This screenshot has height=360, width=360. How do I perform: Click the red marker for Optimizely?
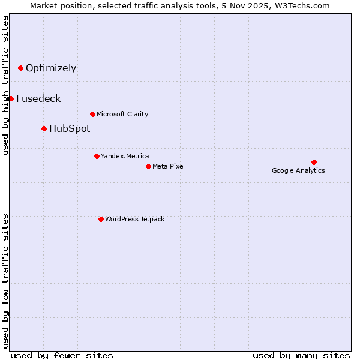point(20,68)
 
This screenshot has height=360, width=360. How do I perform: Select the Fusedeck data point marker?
point(11,98)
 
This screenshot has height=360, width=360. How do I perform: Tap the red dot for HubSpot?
point(44,128)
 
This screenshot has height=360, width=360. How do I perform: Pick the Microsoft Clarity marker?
point(92,114)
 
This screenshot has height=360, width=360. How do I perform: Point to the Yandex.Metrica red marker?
point(97,156)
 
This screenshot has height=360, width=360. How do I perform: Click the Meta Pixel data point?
point(148,166)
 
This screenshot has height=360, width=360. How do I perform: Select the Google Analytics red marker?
point(314,162)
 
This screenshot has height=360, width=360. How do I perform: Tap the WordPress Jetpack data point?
point(101,219)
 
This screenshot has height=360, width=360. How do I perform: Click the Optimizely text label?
point(51,68)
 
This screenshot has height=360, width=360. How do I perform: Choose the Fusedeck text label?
point(38,98)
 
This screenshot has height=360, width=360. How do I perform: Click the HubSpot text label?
point(70,128)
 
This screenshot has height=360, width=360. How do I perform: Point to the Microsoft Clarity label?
point(122,114)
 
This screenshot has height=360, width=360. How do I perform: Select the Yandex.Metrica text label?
point(125,156)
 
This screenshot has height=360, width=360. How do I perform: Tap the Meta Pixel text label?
point(169,166)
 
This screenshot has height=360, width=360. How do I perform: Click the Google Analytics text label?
point(298,170)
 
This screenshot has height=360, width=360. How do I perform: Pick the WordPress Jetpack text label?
point(134,219)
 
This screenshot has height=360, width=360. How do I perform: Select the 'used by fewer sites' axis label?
point(62,355)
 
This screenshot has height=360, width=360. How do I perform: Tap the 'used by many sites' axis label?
point(301,355)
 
